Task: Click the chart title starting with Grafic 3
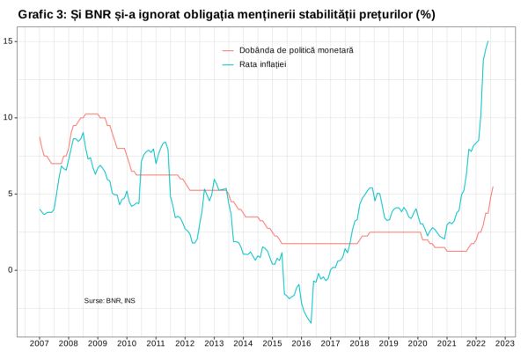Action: click(x=226, y=14)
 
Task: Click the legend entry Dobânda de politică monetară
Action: click(x=298, y=50)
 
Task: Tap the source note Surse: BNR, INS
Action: click(x=109, y=300)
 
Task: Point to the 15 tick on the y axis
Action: click(x=8, y=41)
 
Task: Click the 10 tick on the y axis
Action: click(x=8, y=117)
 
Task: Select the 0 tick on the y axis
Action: click(x=10, y=270)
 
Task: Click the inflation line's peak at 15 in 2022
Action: click(x=488, y=41)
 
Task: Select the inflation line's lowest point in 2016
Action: click(x=311, y=323)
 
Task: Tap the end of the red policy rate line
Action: click(x=493, y=187)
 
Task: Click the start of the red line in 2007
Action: click(x=40, y=136)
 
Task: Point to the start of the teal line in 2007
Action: click(x=40, y=209)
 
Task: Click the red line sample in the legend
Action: click(x=230, y=50)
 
